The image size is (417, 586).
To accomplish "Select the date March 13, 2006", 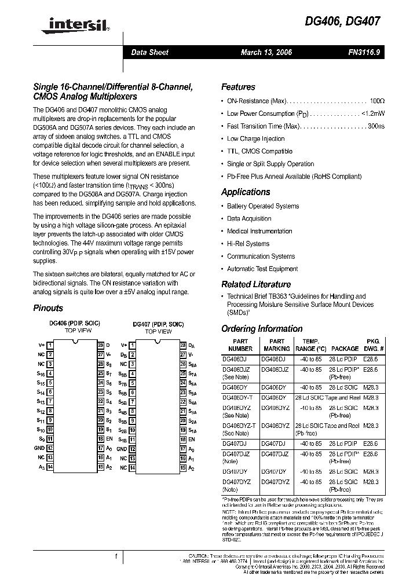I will [266, 52].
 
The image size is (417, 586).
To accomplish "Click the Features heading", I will [238, 87].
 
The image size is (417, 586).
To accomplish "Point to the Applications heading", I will [246, 192].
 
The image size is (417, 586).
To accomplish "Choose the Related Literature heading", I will [256, 284].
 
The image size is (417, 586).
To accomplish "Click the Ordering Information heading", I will [262, 328].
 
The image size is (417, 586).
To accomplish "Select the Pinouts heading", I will [48, 308].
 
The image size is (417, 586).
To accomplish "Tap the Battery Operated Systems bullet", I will [263, 206].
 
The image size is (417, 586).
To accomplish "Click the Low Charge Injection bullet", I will [255, 139].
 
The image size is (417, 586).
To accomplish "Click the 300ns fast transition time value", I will [376, 126].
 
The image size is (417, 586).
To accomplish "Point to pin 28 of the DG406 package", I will [100, 345].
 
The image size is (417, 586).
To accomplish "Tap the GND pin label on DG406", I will [39, 448].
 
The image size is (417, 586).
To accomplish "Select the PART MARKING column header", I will [277, 345].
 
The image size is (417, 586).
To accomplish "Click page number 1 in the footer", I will [116, 556].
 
